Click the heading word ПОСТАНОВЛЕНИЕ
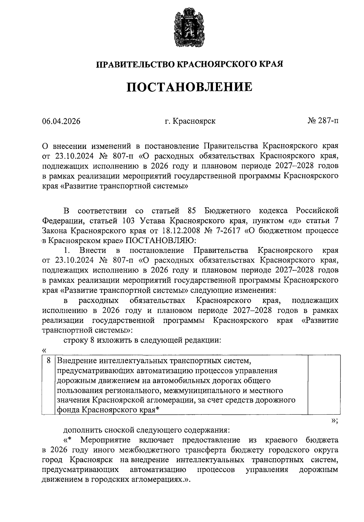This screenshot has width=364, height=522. [189, 87]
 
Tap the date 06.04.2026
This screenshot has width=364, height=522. [61, 121]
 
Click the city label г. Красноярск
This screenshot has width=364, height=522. [190, 121]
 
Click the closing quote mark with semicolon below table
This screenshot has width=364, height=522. [334, 421]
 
